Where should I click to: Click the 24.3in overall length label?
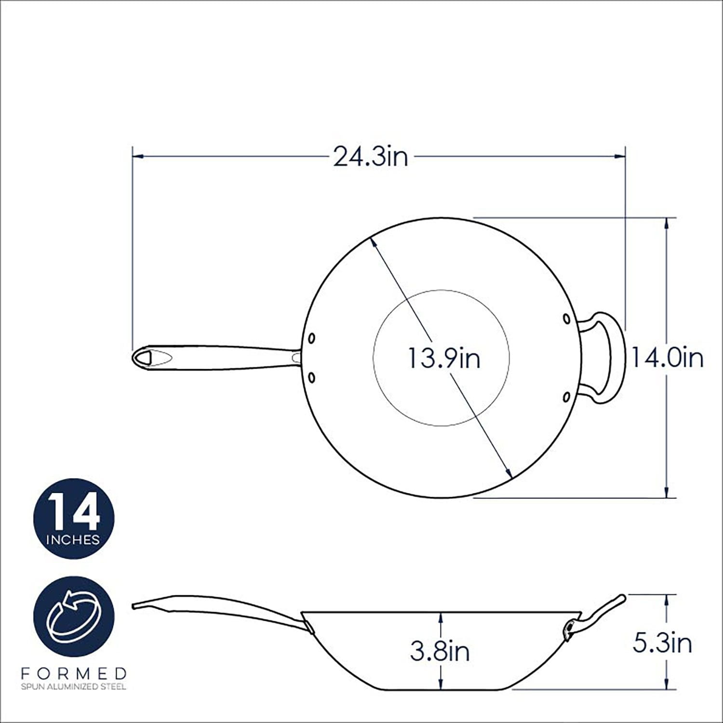(x=371, y=157)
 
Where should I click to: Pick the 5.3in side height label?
(x=662, y=643)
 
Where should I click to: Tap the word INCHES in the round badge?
(x=74, y=539)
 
